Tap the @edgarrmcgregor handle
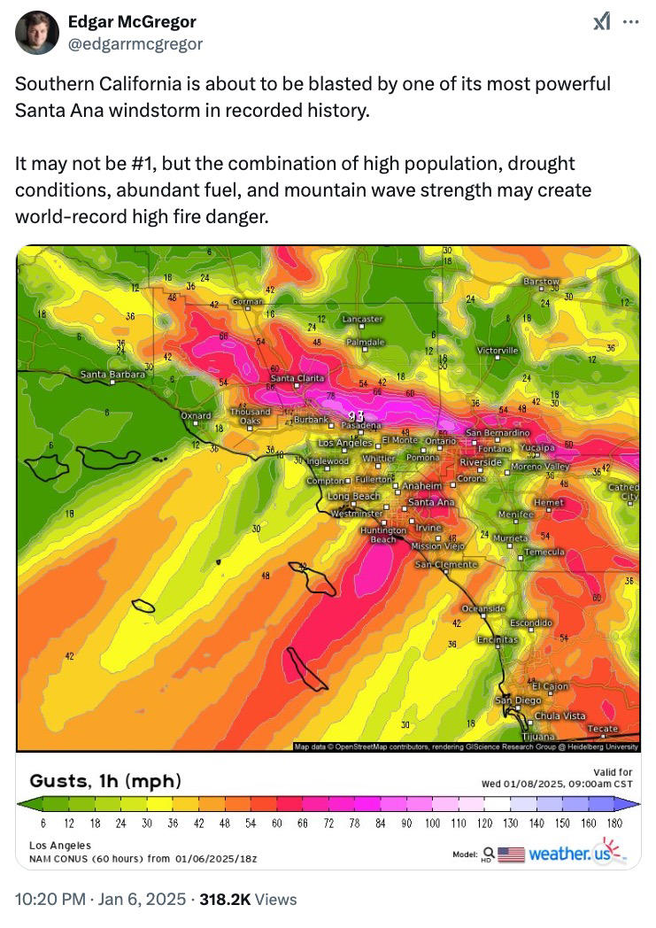135,43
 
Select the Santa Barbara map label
112,375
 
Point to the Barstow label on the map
541,282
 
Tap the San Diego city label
517,700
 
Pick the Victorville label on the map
498,351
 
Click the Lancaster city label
362,319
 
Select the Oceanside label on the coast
483,609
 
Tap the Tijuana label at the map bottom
537,737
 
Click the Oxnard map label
196,415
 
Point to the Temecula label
544,552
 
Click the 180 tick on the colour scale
615,824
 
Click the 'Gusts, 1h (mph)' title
105,781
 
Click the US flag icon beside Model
511,855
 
